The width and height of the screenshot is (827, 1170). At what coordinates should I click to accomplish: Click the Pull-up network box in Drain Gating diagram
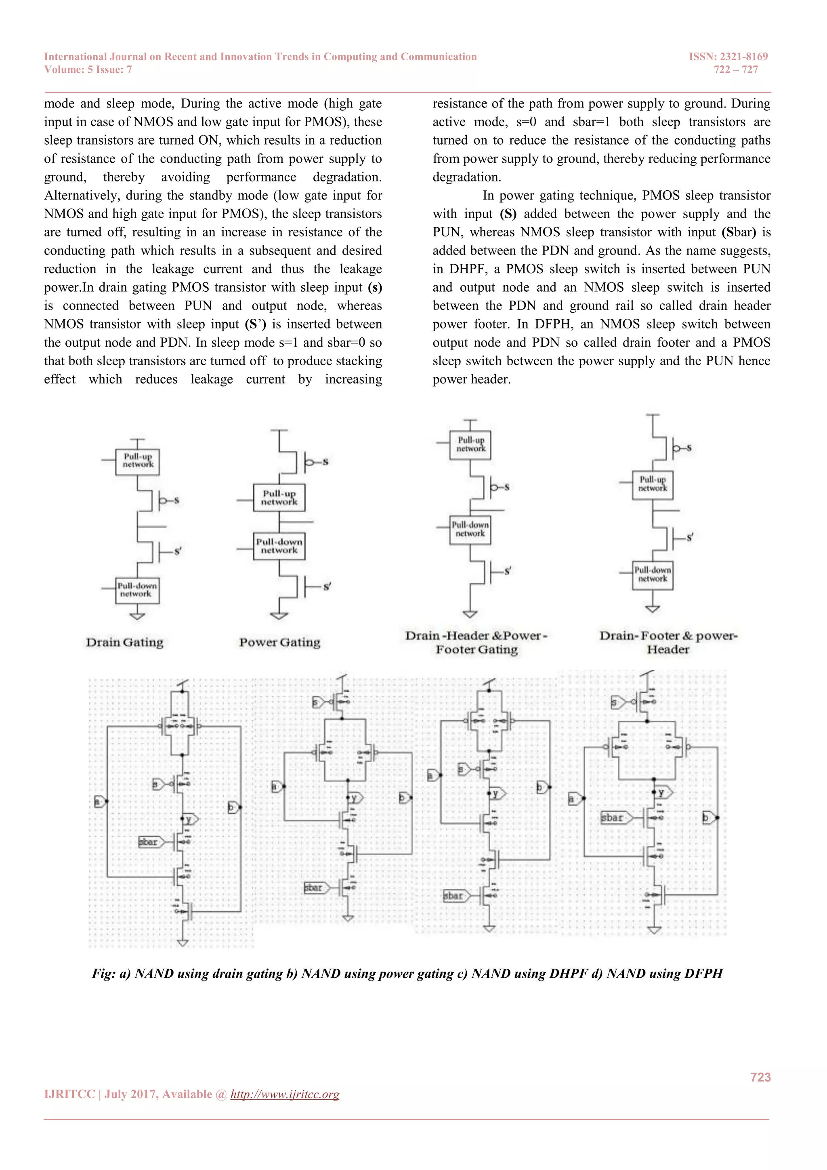(x=137, y=461)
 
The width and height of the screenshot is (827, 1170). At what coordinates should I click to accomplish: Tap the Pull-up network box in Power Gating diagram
(x=279, y=497)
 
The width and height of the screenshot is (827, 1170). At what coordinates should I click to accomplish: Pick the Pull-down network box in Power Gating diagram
(x=279, y=546)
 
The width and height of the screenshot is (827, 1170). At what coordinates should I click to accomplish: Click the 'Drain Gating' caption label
(x=125, y=642)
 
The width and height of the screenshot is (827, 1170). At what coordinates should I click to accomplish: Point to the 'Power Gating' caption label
(x=279, y=642)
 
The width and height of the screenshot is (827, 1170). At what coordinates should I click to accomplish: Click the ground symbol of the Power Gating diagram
(x=279, y=616)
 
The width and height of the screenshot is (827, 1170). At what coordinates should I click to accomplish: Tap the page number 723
(x=760, y=1077)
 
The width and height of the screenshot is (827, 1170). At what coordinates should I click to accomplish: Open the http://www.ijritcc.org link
(x=285, y=1094)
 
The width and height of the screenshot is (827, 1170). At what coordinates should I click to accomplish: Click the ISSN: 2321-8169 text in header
(x=728, y=57)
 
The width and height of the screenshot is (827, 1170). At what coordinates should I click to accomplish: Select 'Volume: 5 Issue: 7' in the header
(x=88, y=70)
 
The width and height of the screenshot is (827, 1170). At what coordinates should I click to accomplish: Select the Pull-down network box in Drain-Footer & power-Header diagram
(x=652, y=575)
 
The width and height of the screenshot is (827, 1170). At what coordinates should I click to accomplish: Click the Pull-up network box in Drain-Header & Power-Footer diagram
(x=470, y=444)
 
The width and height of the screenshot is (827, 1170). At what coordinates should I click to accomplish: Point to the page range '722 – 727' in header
(x=735, y=70)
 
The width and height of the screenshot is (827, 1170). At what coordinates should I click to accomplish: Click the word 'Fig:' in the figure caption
(x=103, y=973)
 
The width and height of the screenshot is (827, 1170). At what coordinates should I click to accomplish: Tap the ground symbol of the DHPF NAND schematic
(x=489, y=928)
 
